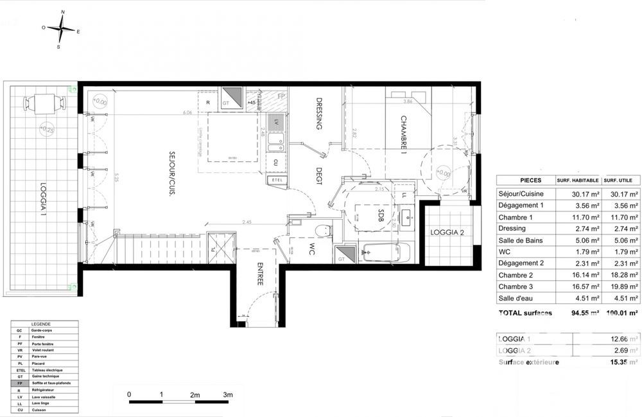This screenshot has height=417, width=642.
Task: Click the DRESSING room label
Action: pyautogui.click(x=318, y=114)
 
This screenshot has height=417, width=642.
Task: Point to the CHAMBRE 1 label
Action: pyautogui.click(x=404, y=136)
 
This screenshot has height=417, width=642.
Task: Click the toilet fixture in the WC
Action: pyautogui.click(x=322, y=232)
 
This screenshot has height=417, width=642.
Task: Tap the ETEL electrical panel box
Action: pyautogui.click(x=278, y=181)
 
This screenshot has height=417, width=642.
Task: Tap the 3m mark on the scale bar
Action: pyautogui.click(x=227, y=393)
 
